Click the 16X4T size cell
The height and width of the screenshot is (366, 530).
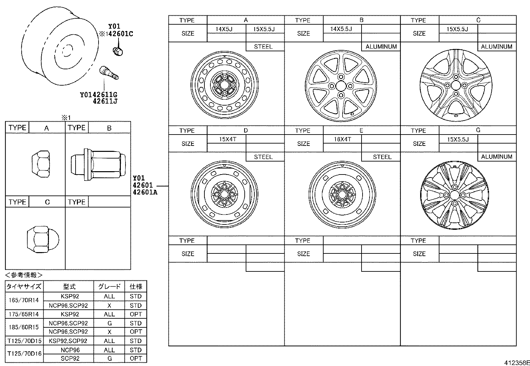click(x=342, y=139)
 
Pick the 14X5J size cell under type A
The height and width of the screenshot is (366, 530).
click(x=224, y=29)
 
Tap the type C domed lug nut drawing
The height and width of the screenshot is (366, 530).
click(x=43, y=239)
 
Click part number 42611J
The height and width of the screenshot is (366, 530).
click(x=105, y=101)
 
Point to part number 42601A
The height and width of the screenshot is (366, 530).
click(x=145, y=192)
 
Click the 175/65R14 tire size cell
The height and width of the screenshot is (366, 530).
click(x=24, y=314)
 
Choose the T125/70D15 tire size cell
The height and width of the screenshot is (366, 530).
click(x=24, y=341)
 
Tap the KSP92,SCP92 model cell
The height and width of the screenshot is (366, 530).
click(x=68, y=341)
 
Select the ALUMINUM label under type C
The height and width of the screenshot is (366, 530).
click(x=496, y=47)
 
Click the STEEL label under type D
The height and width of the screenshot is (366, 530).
click(x=263, y=157)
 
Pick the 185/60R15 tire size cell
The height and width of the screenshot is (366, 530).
click(x=24, y=327)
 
